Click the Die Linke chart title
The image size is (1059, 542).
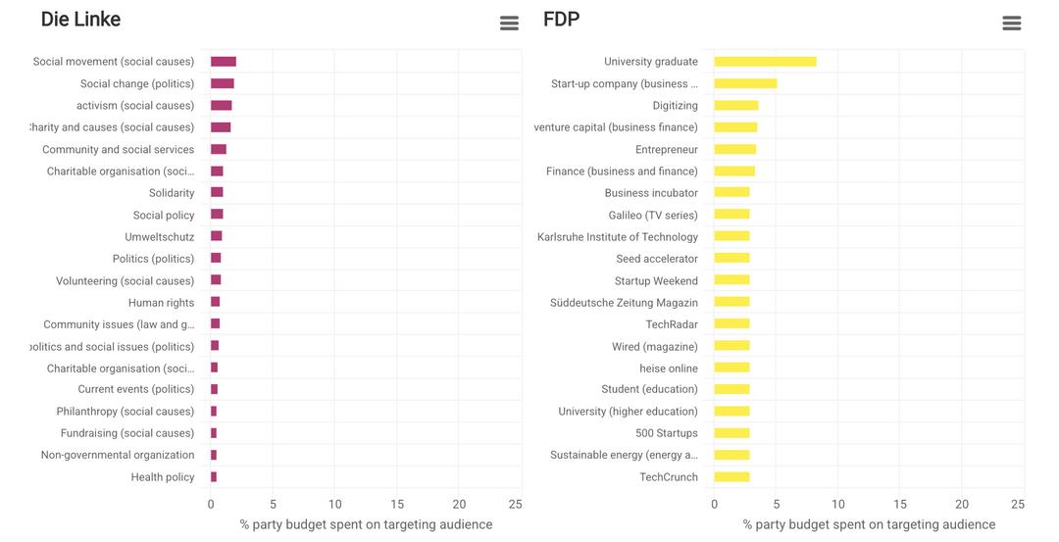80,20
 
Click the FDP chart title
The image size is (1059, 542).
561,20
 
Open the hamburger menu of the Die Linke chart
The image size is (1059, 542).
509,24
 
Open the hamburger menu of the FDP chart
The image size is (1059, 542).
1011,24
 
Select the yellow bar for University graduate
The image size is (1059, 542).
765,62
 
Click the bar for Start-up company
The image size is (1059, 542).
745,83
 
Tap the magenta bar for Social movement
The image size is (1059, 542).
224,62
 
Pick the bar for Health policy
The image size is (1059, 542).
214,477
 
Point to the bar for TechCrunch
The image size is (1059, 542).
731,477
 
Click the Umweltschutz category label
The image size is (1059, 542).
160,237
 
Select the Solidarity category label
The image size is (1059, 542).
172,193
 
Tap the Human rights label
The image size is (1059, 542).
161,303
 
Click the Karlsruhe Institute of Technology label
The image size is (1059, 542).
618,237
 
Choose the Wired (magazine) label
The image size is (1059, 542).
655,347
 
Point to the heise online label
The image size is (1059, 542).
669,369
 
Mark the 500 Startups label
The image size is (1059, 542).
667,433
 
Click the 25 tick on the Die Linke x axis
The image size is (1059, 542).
515,504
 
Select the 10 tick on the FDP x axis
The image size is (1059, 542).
837,504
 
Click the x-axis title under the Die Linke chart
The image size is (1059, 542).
366,524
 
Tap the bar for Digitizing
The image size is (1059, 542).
735,106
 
